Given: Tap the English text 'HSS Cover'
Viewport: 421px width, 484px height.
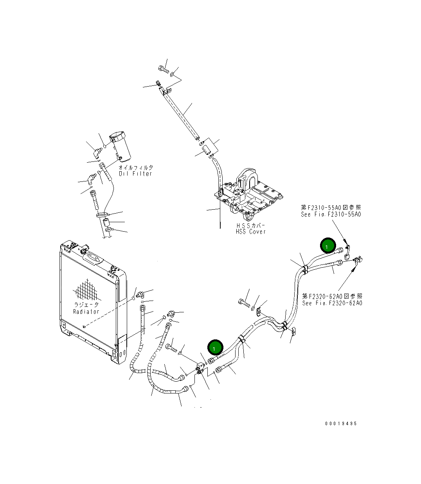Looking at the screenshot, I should tap(250, 232).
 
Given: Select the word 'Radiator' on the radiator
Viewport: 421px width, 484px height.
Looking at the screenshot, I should tap(86, 312).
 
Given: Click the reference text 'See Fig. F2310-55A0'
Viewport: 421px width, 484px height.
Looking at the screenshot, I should tap(331, 214).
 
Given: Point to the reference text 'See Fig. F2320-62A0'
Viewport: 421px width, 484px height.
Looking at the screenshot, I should tap(332, 303).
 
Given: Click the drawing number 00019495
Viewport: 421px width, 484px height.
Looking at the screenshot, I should tap(340, 424).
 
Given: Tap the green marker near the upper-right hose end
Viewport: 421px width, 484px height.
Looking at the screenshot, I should tap(327, 246).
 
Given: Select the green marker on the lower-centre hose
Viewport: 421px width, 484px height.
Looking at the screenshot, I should tap(215, 347).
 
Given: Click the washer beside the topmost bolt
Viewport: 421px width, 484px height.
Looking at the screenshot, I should tap(173, 74).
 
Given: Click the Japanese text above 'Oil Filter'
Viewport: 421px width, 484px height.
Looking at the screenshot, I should tap(136, 167).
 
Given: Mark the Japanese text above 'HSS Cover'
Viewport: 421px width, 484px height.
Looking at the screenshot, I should tap(251, 226).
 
